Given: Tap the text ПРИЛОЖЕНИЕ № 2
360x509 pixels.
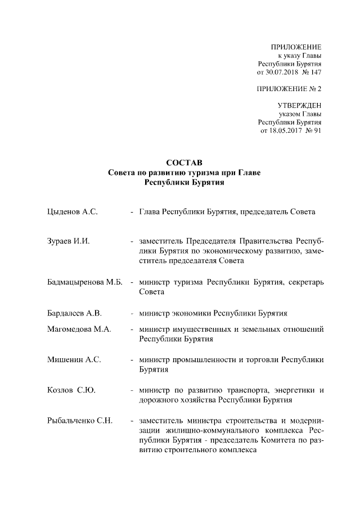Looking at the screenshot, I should (x=289, y=89).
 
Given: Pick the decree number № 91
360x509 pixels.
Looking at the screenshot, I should (x=313, y=130).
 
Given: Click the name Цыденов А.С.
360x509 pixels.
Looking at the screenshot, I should (x=73, y=213).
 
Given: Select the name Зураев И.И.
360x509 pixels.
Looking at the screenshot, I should (x=69, y=241).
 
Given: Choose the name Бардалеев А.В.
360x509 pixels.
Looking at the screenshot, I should (x=75, y=312).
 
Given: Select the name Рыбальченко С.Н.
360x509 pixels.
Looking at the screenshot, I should (x=81, y=421).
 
